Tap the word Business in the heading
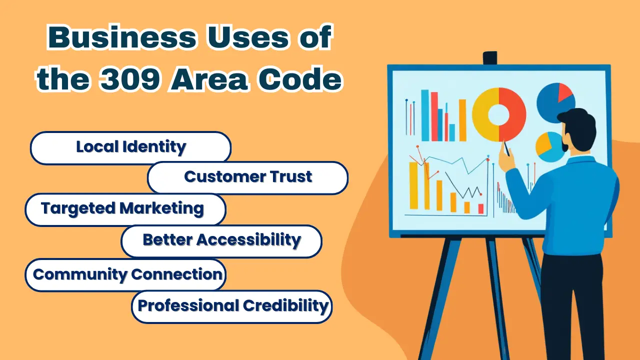[122, 37]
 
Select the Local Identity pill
[130, 147]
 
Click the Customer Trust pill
[247, 177]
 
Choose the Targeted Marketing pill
[125, 209]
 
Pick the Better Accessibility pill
[221, 241]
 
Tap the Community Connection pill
[125, 274]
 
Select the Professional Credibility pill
[231, 307]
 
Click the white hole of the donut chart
[499, 114]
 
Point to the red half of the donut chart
[513, 114]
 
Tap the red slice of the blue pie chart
[564, 91]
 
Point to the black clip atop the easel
[490, 58]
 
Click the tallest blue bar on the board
[425, 115]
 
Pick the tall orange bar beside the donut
[462, 120]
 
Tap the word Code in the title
[300, 78]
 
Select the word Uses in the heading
[248, 37]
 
